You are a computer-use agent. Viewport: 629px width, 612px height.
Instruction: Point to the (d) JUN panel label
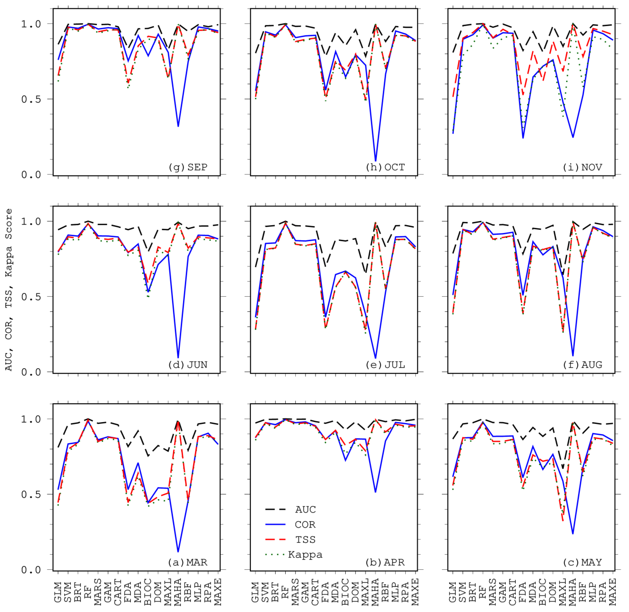click(188, 365)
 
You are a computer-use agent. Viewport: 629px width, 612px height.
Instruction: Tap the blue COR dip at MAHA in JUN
click(178, 357)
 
